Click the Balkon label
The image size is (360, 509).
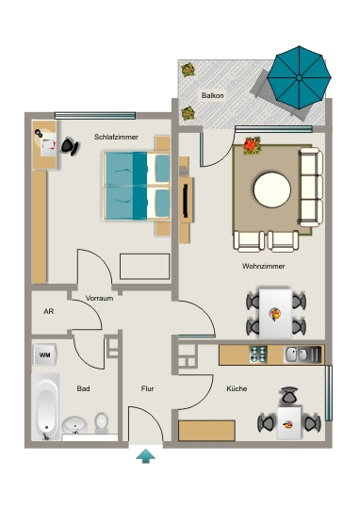pos(212,95)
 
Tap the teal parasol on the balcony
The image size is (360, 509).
pos(299,77)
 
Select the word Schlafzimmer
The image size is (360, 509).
pos(116,137)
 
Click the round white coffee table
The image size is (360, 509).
pos(272,189)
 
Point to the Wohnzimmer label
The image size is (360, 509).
pos(264,266)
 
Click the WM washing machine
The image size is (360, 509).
pos(45,354)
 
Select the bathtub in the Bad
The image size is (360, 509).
pos(45,407)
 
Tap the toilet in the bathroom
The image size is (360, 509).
pos(102,423)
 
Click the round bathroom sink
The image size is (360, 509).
pos(74,425)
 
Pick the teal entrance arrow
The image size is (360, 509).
pos(146,456)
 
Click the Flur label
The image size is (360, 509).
pos(147,388)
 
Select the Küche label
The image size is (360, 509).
pos(237,388)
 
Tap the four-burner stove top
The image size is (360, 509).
pos(258,354)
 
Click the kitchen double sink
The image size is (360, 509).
pos(303,354)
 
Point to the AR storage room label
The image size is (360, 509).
pos(49,311)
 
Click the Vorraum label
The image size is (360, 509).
pos(99,298)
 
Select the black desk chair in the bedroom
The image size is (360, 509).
pos(70,146)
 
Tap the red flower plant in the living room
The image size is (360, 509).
pos(252,145)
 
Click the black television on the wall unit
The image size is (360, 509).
pos(186,201)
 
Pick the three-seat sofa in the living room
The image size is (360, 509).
pos(311,187)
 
